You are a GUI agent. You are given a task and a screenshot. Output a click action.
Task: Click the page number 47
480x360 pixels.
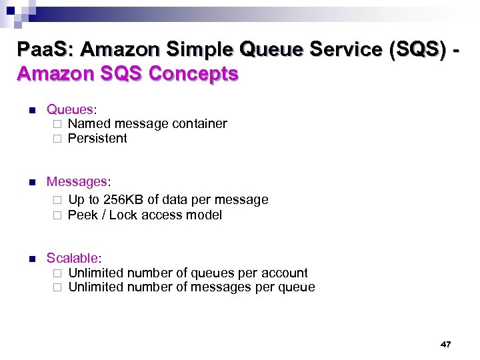446,344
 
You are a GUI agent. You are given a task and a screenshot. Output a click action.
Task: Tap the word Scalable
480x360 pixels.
72,257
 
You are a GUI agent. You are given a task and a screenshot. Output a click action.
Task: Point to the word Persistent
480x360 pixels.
97,139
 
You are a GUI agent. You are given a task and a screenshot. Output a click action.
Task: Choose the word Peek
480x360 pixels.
83,215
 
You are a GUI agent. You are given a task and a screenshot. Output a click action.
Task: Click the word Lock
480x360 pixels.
123,215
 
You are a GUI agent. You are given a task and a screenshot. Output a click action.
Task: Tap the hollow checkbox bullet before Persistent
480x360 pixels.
57,139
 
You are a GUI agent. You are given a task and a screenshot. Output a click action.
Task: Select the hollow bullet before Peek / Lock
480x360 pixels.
57,215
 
